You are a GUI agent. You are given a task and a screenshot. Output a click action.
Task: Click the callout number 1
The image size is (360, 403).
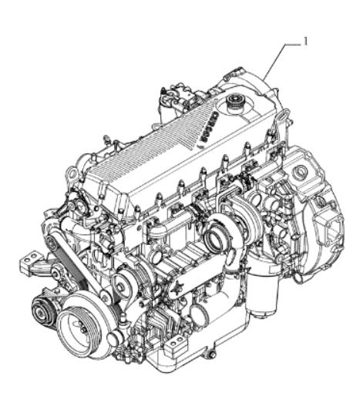305,41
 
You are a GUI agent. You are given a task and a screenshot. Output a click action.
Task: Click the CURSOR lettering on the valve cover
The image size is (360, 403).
209,126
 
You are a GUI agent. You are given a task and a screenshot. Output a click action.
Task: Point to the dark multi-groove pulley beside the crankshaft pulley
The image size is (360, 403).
41,311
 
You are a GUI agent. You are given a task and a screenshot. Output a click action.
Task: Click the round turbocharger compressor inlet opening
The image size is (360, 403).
215,238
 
